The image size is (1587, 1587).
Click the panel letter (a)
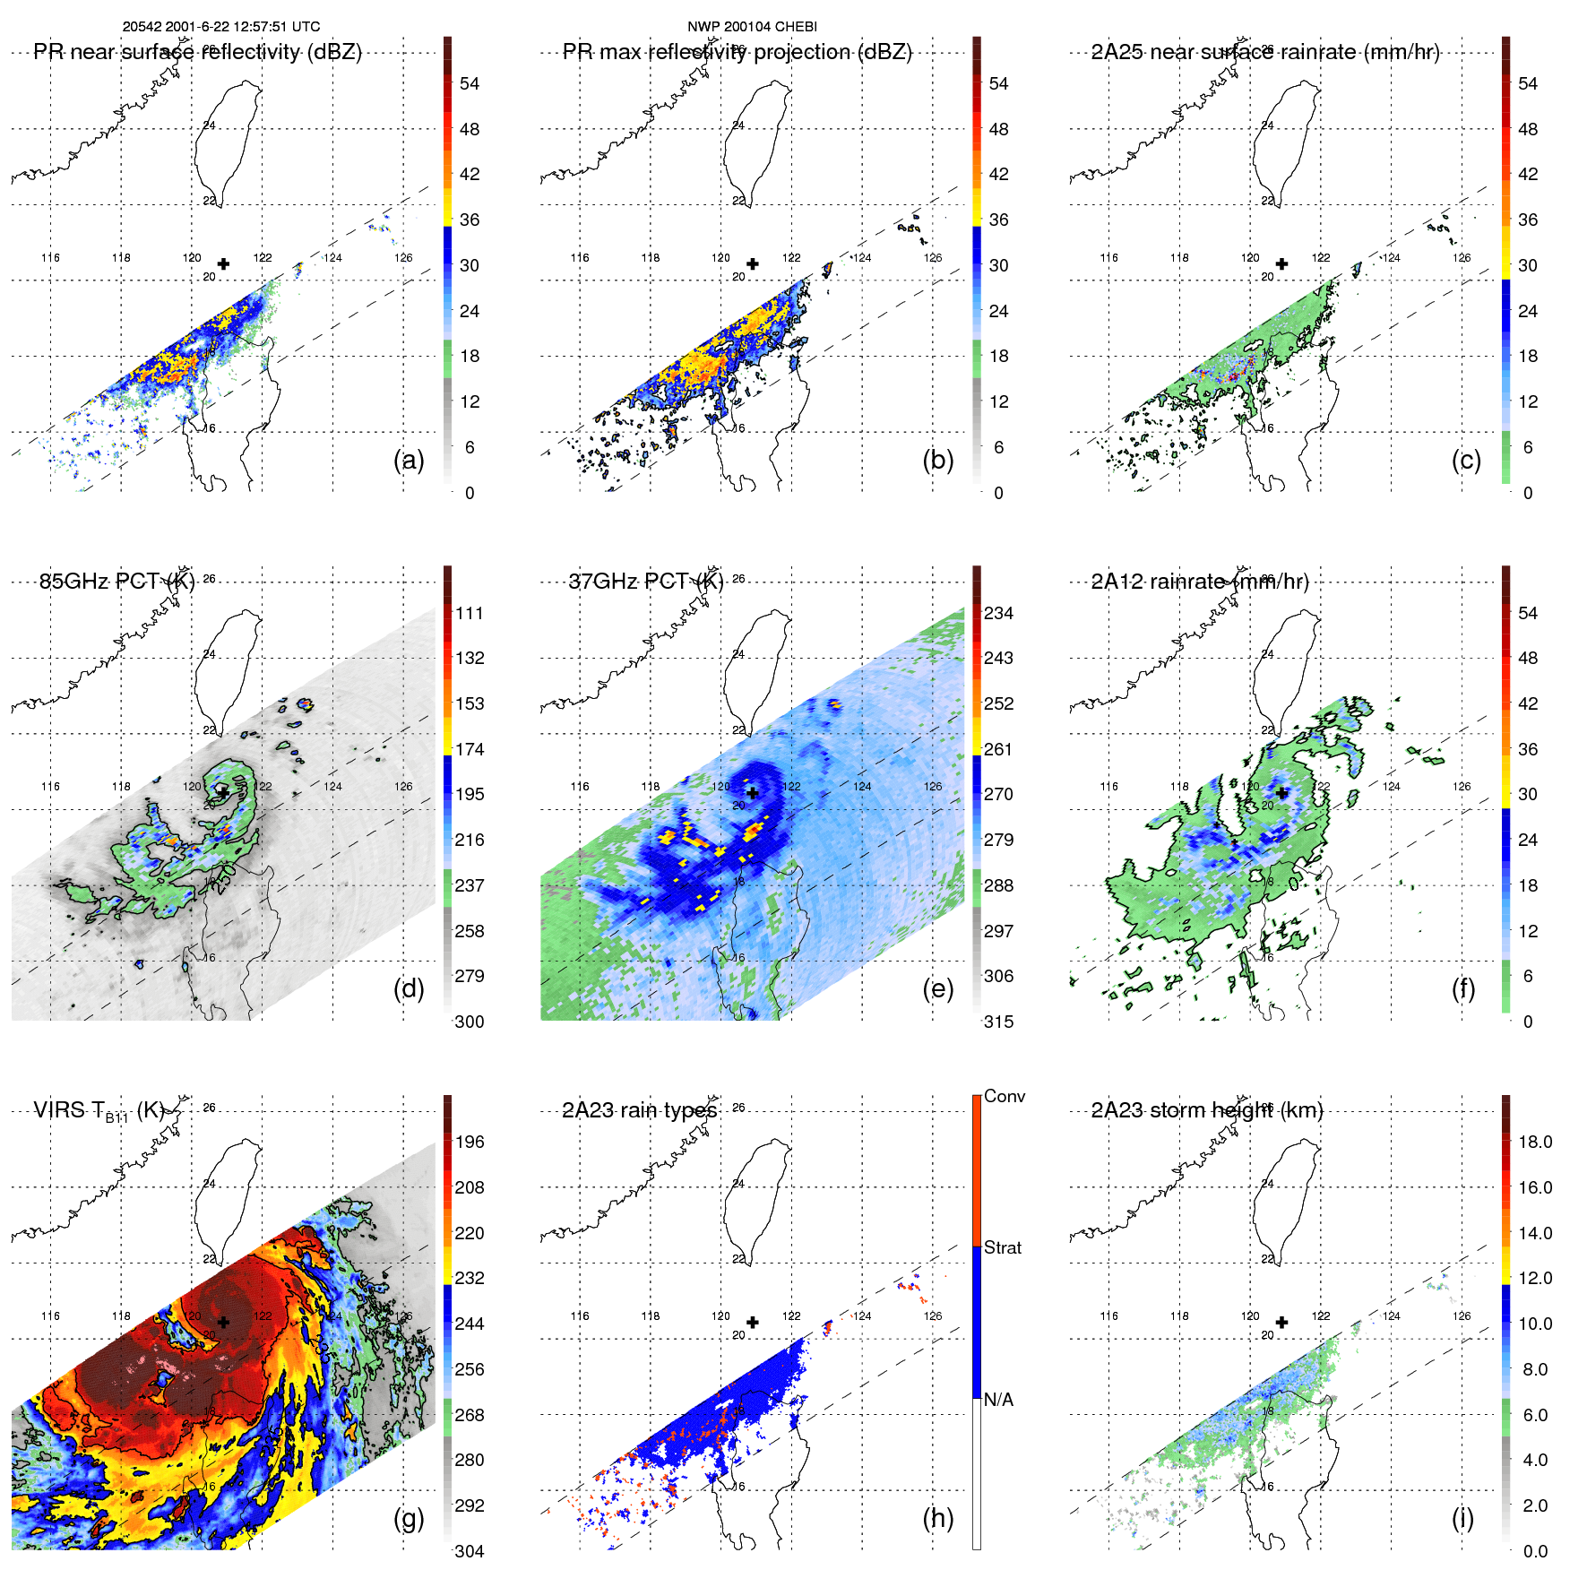[409, 461]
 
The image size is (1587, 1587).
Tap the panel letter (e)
[937, 989]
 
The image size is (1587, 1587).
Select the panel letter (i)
[1462, 1518]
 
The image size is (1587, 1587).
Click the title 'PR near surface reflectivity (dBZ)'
[197, 52]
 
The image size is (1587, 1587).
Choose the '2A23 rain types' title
[639, 1110]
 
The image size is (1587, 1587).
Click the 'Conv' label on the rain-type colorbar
[1004, 1096]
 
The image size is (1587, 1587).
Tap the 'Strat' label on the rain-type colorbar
[1002, 1247]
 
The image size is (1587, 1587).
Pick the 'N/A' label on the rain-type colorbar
[998, 1400]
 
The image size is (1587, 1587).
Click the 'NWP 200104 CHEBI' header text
[752, 27]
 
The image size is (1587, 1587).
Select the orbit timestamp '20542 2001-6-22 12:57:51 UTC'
[221, 27]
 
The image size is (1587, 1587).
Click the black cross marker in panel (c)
[1282, 263]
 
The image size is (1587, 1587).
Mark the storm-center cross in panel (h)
[753, 1322]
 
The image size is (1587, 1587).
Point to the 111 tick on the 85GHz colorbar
[470, 613]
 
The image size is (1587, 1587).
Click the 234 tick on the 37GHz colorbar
[998, 613]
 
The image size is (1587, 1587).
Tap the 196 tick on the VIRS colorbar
[470, 1142]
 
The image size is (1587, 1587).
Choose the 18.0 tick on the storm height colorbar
[1534, 1142]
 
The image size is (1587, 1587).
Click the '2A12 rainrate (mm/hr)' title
[1200, 582]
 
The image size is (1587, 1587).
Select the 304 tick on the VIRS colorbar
[470, 1551]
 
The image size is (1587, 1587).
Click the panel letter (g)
[409, 1518]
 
